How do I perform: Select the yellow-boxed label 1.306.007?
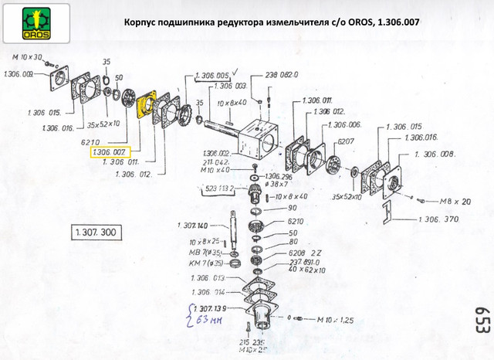[110, 152]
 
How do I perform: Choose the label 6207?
[347, 143]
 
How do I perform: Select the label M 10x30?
[27, 58]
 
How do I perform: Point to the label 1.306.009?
[19, 75]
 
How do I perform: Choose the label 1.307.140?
[192, 226]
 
